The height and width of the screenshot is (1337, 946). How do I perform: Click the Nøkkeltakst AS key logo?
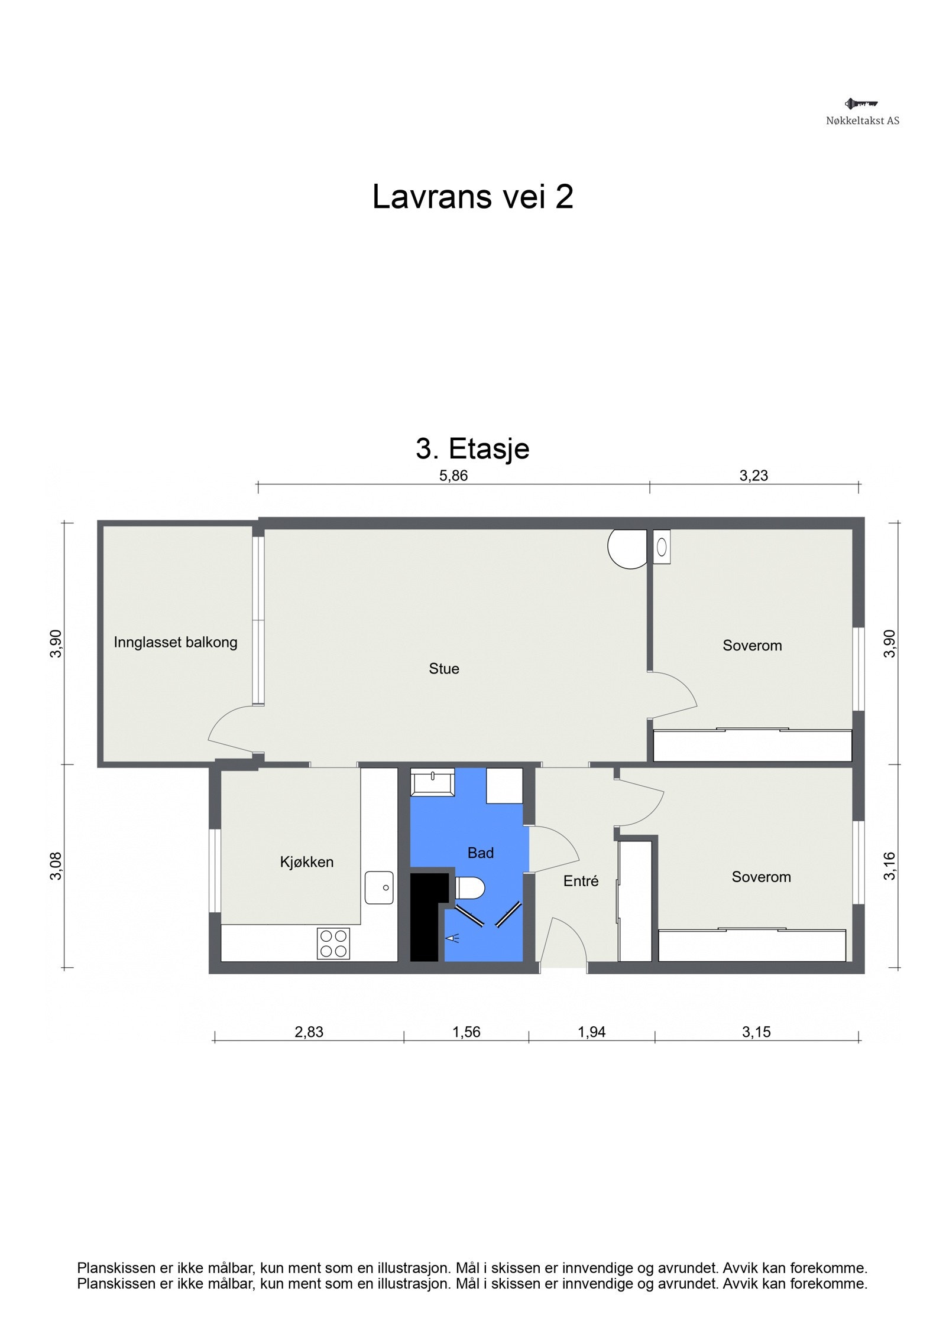click(x=861, y=104)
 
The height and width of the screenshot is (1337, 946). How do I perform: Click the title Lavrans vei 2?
click(x=472, y=197)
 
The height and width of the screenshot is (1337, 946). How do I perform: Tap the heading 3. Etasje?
click(x=472, y=448)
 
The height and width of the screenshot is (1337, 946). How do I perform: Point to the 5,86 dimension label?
click(x=453, y=476)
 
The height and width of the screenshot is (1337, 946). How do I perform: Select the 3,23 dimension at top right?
click(x=753, y=476)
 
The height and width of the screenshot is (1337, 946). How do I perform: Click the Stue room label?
click(x=443, y=669)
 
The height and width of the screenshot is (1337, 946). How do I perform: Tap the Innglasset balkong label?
click(x=176, y=642)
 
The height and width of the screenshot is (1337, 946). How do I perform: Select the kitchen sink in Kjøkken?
click(x=379, y=887)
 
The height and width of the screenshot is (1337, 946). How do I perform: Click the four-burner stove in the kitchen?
click(x=333, y=944)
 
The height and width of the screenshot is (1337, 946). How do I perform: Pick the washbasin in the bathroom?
click(x=432, y=782)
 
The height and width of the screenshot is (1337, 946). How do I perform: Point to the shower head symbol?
click(x=452, y=938)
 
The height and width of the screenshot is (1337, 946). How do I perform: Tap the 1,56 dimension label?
click(x=466, y=1032)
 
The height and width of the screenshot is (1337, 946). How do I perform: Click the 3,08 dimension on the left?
click(x=56, y=866)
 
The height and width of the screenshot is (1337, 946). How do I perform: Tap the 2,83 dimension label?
click(x=309, y=1032)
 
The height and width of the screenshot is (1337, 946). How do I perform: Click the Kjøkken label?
click(x=306, y=862)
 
